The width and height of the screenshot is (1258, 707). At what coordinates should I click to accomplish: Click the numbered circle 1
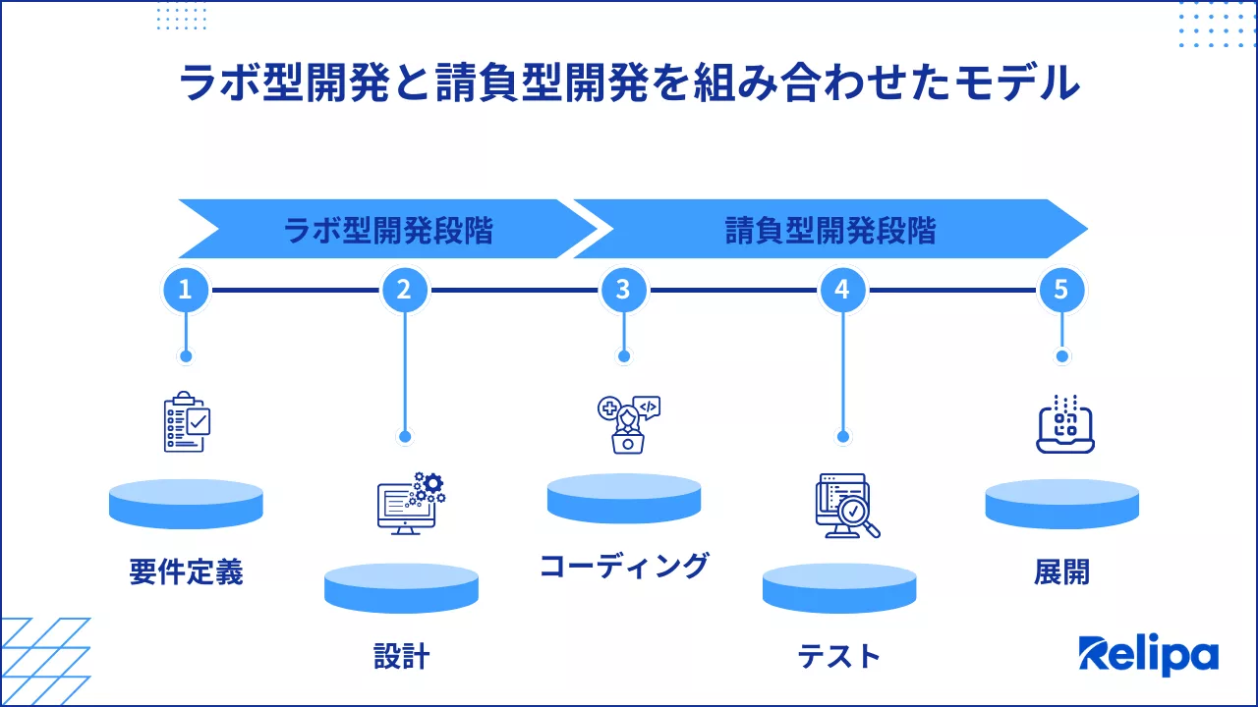pyautogui.click(x=186, y=290)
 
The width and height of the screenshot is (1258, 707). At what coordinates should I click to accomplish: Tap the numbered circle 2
pyautogui.click(x=404, y=290)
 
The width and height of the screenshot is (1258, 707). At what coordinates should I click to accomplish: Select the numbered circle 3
pyautogui.click(x=623, y=290)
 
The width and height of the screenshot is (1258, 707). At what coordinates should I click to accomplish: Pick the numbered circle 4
pyautogui.click(x=842, y=290)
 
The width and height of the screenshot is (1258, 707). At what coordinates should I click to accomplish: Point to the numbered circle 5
pyautogui.click(x=1061, y=290)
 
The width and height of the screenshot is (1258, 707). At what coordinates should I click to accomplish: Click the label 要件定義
pyautogui.click(x=187, y=572)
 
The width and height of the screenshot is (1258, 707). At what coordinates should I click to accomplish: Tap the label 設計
pyautogui.click(x=402, y=656)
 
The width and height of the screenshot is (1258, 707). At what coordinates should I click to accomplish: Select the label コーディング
pyautogui.click(x=624, y=566)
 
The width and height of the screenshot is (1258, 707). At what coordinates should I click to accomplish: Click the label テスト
pyautogui.click(x=839, y=656)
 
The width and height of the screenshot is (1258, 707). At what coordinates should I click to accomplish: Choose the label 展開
pyautogui.click(x=1062, y=572)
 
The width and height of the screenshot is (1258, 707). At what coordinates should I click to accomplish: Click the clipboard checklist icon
pyautogui.click(x=187, y=421)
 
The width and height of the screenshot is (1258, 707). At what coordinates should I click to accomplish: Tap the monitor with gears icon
pyautogui.click(x=412, y=504)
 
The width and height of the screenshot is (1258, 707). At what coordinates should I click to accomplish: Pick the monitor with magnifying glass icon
pyautogui.click(x=847, y=506)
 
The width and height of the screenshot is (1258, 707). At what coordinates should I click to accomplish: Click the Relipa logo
pyautogui.click(x=1149, y=654)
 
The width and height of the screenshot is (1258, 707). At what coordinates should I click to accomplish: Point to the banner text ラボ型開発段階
pyautogui.click(x=388, y=230)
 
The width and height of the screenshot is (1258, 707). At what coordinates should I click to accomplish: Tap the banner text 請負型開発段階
pyautogui.click(x=830, y=230)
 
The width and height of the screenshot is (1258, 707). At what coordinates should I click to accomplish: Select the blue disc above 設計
pyautogui.click(x=402, y=588)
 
